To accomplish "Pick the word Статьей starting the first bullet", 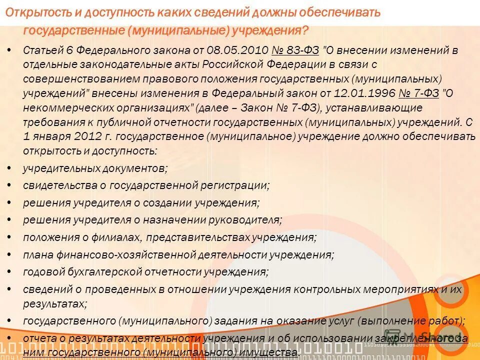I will pos(40,51).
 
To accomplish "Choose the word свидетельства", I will pos(55,185).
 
